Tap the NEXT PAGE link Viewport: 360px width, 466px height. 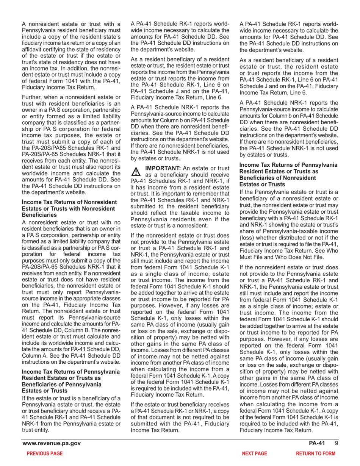click(x=255, y=453)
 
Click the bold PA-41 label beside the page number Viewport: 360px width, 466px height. click(x=318, y=443)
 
